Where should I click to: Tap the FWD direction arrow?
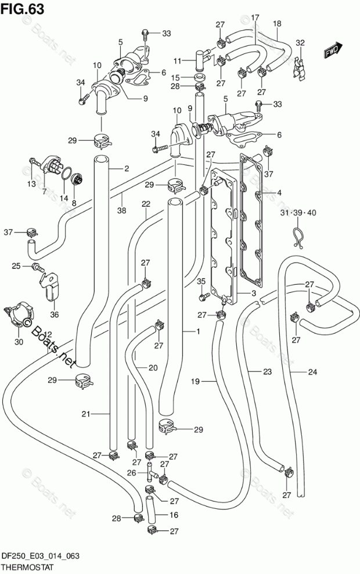(333, 49)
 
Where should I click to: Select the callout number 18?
(277, 24)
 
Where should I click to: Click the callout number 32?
(300, 42)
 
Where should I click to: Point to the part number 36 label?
(55, 314)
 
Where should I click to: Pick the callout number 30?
(19, 342)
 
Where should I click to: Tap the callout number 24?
(312, 372)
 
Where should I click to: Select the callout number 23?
(268, 372)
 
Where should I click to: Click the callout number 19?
(195, 382)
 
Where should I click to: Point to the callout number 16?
(174, 515)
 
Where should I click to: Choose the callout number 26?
(131, 472)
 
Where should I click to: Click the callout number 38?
(121, 210)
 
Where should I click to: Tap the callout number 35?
(201, 281)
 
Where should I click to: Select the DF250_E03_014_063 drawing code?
(41, 557)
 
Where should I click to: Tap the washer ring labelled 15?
(199, 78)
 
